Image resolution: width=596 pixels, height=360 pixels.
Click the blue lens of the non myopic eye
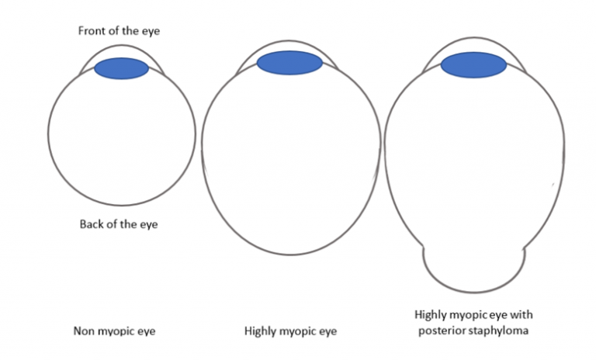(x=121, y=68)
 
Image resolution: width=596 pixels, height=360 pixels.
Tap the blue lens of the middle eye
(x=289, y=63)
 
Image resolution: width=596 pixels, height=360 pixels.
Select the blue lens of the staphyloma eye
(x=473, y=66)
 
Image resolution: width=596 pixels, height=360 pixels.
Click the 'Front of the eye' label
(x=118, y=31)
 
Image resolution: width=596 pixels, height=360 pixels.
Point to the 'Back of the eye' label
(x=119, y=224)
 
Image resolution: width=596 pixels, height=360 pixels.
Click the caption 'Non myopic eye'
(x=115, y=331)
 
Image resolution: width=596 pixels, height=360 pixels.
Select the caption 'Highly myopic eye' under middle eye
(x=290, y=331)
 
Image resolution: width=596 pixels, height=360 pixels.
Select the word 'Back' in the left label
(x=92, y=224)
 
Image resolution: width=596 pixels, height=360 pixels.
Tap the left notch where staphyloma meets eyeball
(x=424, y=248)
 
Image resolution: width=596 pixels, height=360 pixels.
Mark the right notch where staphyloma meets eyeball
(x=525, y=248)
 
